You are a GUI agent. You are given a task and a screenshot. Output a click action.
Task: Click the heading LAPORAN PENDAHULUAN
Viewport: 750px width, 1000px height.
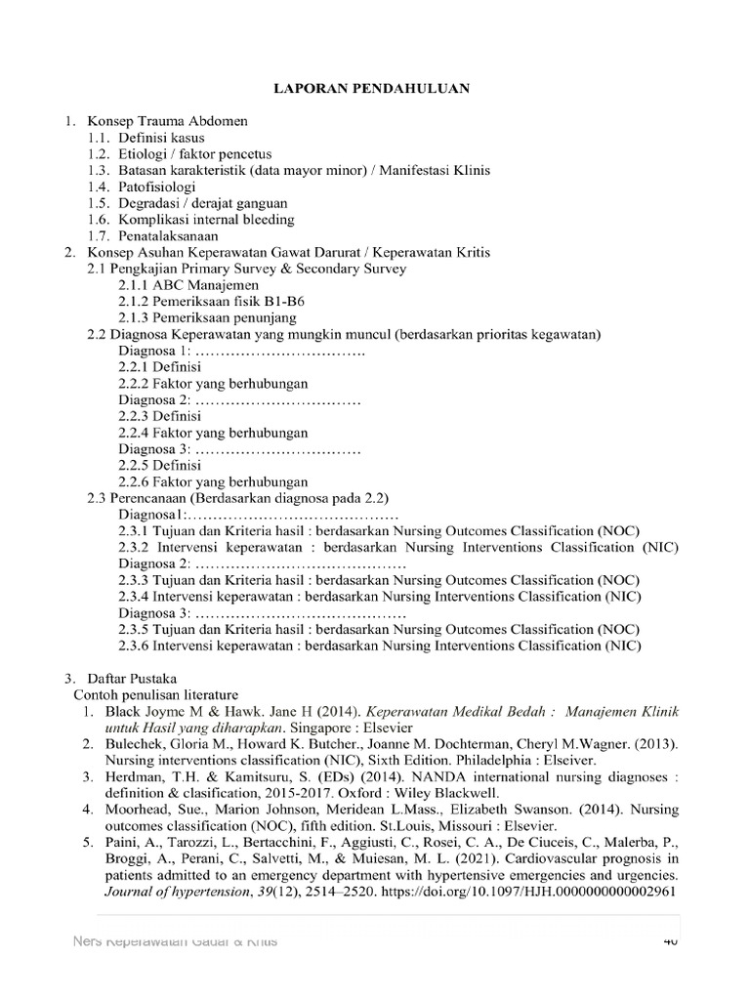[x=374, y=89]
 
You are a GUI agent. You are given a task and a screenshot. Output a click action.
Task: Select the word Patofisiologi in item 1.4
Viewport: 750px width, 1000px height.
[x=157, y=187]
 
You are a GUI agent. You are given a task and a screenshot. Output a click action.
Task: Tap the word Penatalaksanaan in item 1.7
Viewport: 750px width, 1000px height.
[x=168, y=235]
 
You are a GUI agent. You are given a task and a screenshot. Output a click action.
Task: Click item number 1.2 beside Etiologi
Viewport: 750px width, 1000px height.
[x=99, y=154]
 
